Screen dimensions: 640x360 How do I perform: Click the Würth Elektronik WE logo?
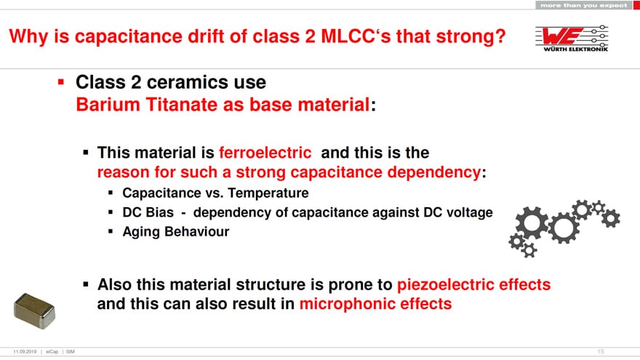572,38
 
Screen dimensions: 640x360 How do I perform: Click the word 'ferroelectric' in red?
265,153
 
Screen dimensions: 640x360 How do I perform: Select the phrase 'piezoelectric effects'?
474,284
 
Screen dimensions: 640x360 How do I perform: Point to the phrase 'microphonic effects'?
375,304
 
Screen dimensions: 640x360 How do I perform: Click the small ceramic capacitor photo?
34,311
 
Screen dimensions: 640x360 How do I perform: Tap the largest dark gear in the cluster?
532,223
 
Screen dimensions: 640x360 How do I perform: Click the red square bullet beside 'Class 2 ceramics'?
61,82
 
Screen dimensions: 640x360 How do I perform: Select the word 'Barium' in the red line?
108,105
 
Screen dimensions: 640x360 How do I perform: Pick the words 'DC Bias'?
148,212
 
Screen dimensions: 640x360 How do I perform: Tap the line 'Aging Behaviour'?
176,231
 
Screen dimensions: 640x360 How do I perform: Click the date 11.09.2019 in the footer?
25,351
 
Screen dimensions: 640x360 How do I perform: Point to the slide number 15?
601,351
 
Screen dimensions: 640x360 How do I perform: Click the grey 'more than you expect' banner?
584,5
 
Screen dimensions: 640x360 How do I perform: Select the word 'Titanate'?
182,105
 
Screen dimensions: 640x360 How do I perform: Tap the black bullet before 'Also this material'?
86,284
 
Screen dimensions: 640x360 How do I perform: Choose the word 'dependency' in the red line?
434,172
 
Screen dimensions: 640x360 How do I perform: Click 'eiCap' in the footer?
52,351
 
